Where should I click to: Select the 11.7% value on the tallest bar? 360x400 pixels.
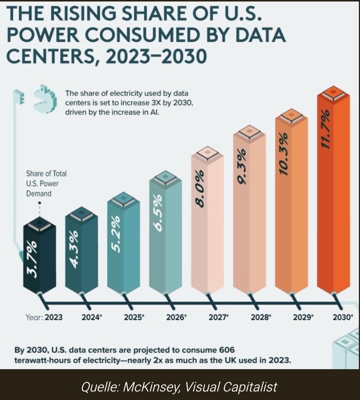pyautogui.click(x=326, y=129)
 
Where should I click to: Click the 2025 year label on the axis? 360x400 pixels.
pyautogui.click(x=133, y=318)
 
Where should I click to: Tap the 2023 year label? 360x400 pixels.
pyautogui.click(x=54, y=318)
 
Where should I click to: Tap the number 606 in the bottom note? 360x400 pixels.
pyautogui.click(x=227, y=350)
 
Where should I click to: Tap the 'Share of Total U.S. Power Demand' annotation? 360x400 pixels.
pyautogui.click(x=46, y=183)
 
